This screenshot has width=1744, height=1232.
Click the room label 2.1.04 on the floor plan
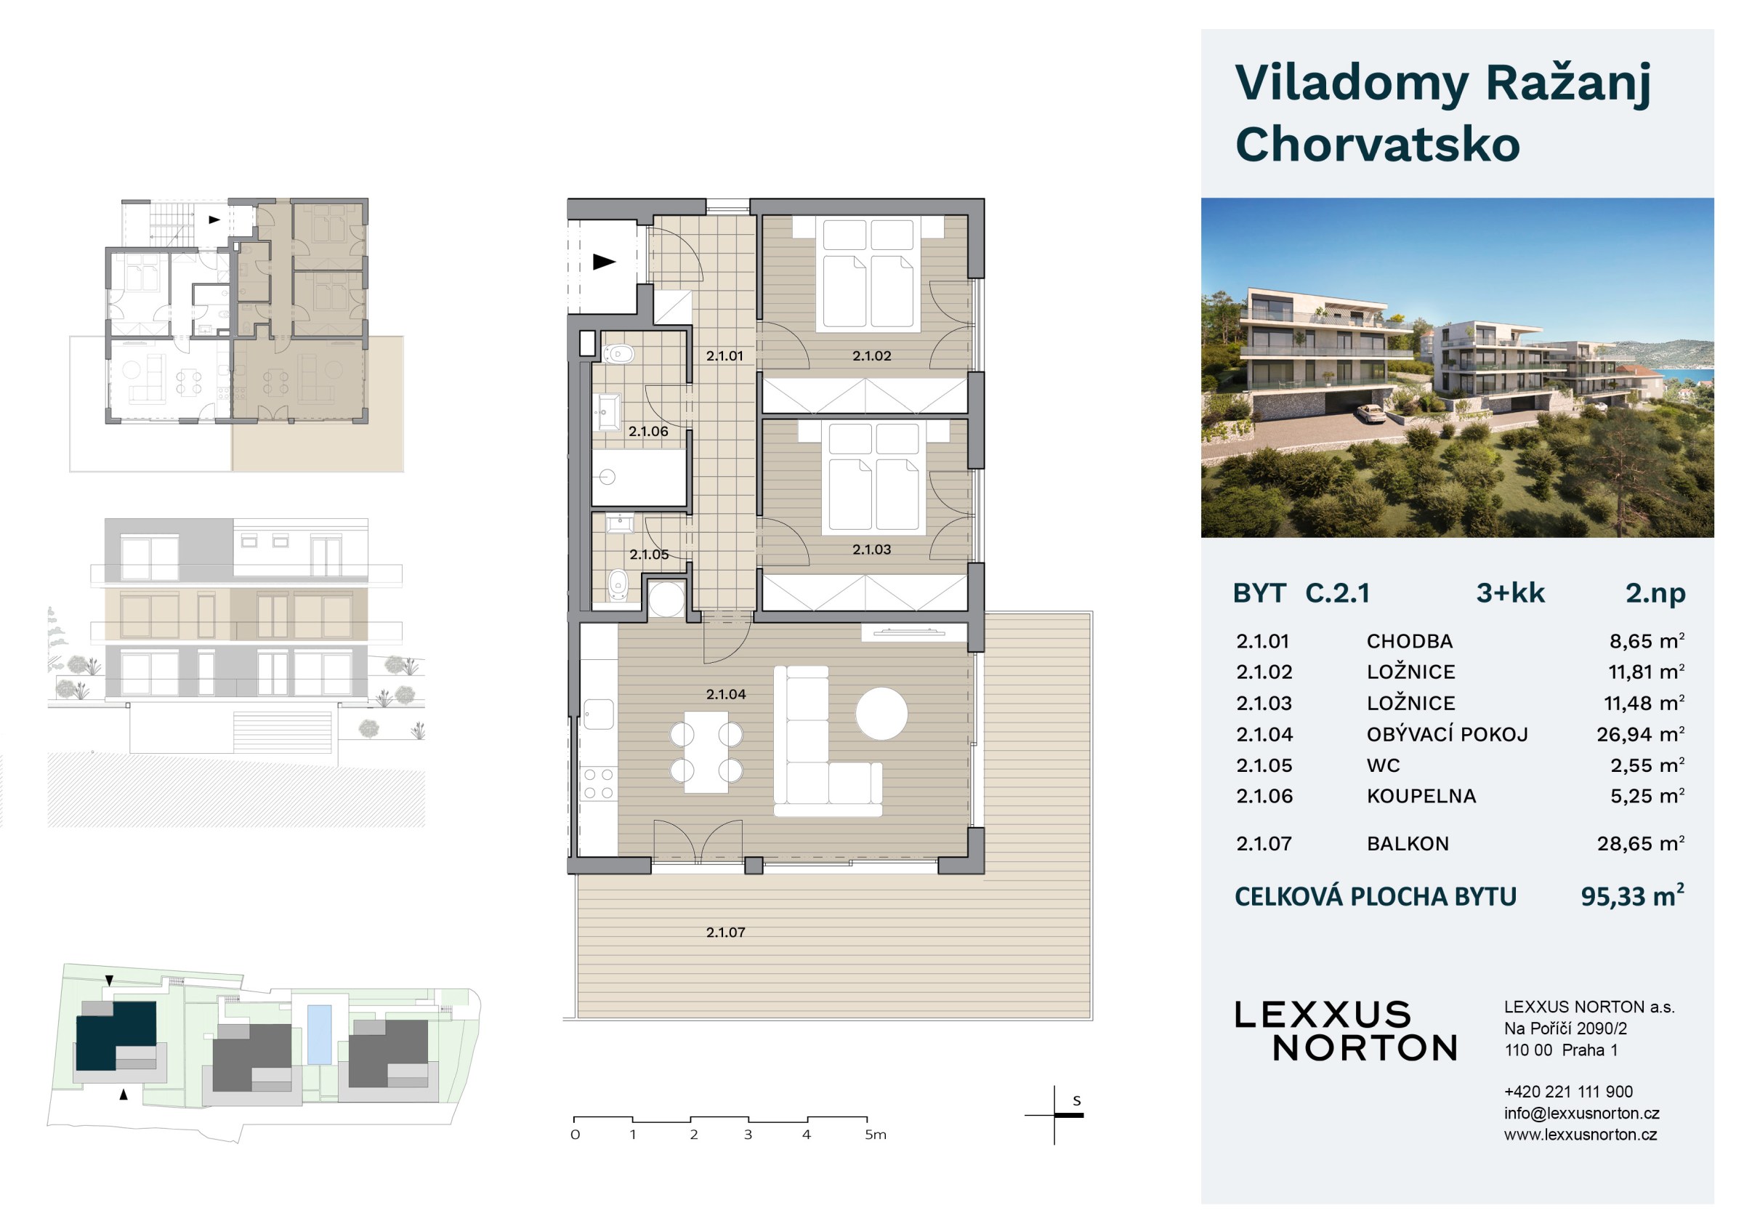(725, 694)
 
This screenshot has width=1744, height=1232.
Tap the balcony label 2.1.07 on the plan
(725, 932)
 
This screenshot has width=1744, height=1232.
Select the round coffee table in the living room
(881, 713)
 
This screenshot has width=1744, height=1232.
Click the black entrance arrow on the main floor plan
(604, 262)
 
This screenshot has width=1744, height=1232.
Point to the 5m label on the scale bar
(875, 1135)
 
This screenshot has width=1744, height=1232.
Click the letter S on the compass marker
(1076, 1100)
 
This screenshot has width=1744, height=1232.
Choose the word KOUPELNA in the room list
(1421, 796)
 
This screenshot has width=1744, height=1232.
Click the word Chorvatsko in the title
(1377, 145)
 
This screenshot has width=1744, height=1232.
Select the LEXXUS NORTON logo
(1345, 1031)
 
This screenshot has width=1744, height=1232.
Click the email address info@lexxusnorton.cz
(1581, 1114)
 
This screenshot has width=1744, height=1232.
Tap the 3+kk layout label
(1510, 592)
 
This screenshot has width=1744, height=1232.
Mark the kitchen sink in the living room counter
(599, 714)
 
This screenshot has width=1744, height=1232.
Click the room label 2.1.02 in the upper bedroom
(871, 355)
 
